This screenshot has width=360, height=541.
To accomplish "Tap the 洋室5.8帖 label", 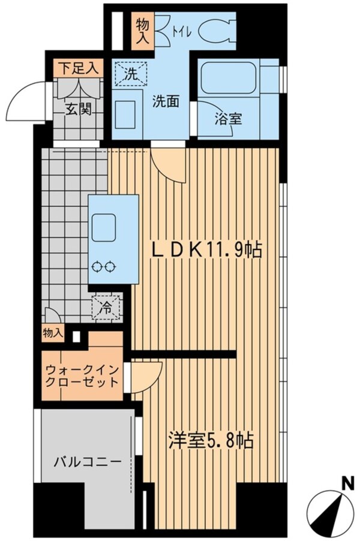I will coord(210,441).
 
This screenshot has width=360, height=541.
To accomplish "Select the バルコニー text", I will coord(87,462).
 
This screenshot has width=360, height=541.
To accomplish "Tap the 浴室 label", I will coord(228,119).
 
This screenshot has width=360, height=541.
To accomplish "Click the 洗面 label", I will coord(165,102).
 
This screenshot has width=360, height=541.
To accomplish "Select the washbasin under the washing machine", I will coord(127,112).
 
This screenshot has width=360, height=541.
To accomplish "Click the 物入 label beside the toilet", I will coord(142,30).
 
